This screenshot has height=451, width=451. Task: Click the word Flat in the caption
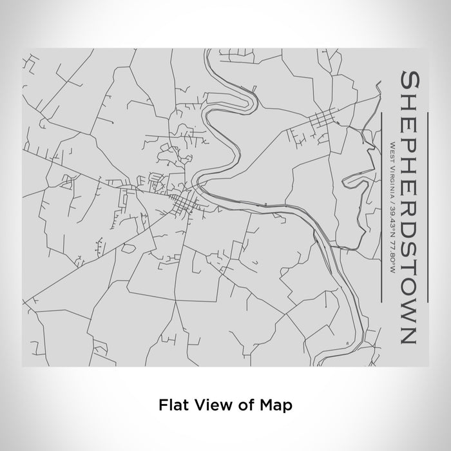(x=173, y=405)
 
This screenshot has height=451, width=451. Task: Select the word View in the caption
(x=207, y=405)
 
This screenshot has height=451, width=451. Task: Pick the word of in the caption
(x=242, y=405)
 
